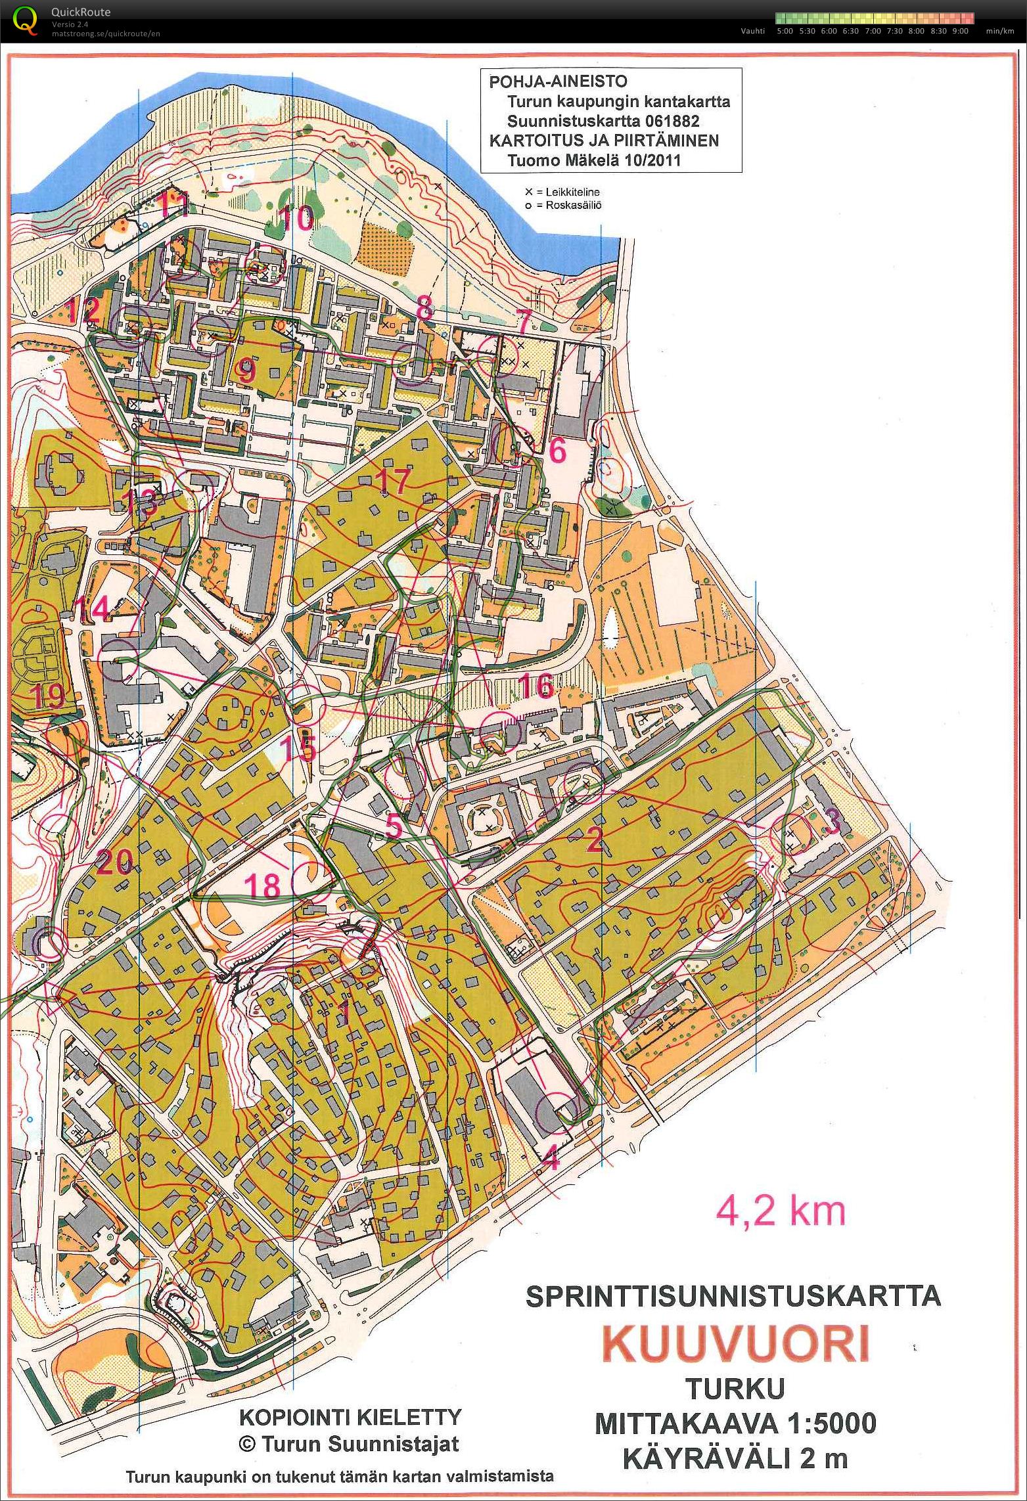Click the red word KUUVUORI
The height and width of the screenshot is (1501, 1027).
[x=737, y=1343]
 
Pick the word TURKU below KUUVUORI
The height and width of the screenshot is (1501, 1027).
[x=735, y=1389]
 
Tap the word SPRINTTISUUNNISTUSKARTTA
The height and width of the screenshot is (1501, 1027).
[x=733, y=1296]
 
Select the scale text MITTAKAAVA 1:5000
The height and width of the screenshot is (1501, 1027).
[x=735, y=1423]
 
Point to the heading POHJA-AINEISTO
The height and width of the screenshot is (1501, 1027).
[x=558, y=82]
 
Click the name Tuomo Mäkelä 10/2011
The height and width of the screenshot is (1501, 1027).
[x=595, y=160]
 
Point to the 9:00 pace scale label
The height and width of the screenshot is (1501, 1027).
[x=959, y=31]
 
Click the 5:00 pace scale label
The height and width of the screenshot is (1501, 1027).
[x=785, y=31]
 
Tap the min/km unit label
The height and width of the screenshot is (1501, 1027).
[x=999, y=31]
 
